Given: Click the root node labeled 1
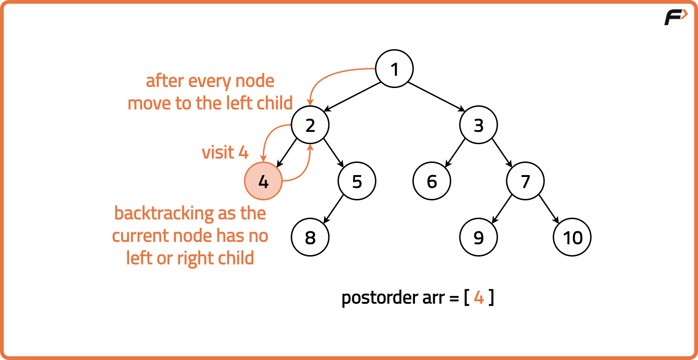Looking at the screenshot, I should [x=394, y=69].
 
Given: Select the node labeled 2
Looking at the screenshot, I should [x=310, y=125].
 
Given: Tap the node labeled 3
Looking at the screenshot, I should [x=479, y=125].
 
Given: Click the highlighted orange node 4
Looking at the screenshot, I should [x=263, y=182].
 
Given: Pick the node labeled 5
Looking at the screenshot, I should [x=357, y=182].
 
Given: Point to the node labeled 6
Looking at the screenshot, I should [x=432, y=182].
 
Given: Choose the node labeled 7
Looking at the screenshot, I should [x=525, y=182].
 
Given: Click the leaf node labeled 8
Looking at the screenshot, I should [x=310, y=238].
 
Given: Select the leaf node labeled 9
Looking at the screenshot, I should [x=479, y=238].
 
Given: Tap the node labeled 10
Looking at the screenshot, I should [x=572, y=238].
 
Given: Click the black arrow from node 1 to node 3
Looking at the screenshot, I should [x=436, y=97].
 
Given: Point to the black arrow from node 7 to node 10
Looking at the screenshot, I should [x=548, y=209].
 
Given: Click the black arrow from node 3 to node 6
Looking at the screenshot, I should [x=455, y=153].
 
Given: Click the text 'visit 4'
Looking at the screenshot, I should [x=225, y=153].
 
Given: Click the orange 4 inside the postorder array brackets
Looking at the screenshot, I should [x=479, y=298].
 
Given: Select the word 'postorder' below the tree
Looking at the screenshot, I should [x=377, y=298].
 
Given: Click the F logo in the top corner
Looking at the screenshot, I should [x=675, y=17].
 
